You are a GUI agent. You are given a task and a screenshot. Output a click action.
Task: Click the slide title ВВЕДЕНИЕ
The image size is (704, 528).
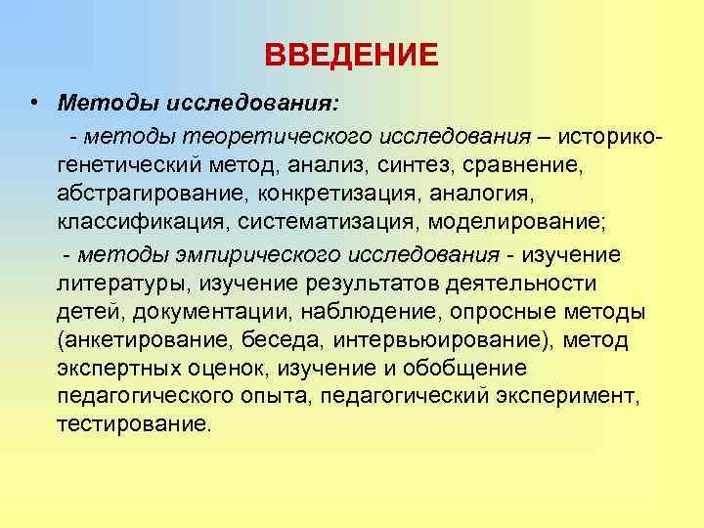pyautogui.click(x=352, y=54)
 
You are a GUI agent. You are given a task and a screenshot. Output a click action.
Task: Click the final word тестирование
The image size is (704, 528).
pyautogui.click(x=132, y=425)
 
